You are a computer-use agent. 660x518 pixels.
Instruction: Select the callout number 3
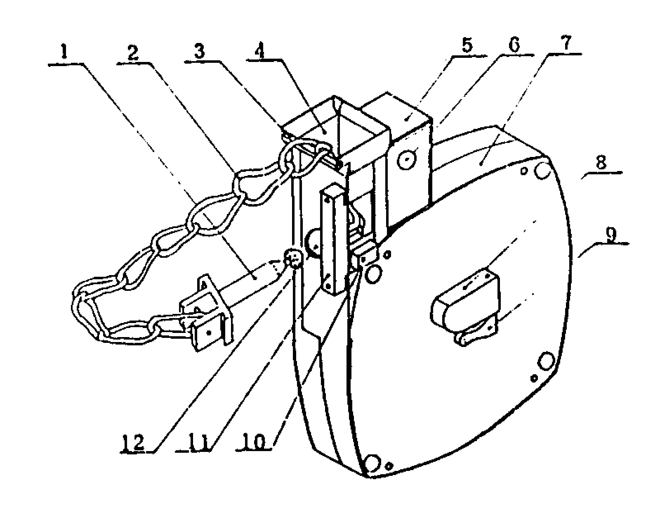click(x=200, y=51)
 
